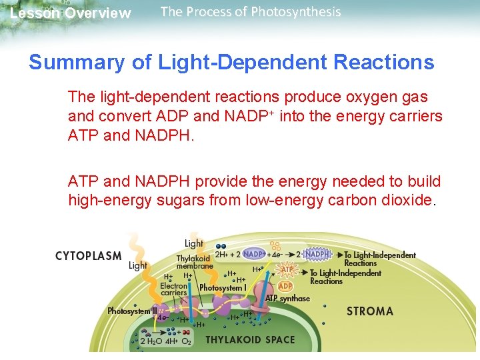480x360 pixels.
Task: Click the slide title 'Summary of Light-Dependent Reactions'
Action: click(231, 63)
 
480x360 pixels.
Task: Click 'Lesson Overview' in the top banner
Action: click(71, 13)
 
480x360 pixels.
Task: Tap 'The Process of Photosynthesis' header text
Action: click(251, 12)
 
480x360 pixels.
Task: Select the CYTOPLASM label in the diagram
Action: click(88, 255)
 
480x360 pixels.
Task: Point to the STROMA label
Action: click(370, 311)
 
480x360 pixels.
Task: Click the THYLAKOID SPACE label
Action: click(250, 340)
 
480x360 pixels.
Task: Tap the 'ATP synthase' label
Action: click(287, 298)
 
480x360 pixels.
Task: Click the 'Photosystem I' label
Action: click(222, 288)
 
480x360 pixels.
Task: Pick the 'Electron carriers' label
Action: click(174, 289)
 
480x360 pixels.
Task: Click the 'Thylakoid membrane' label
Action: click(195, 262)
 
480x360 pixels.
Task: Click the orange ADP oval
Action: click(285, 286)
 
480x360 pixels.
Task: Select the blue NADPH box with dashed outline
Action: click(317, 254)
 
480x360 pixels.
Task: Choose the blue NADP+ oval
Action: click(255, 254)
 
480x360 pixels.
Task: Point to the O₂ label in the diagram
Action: click(187, 341)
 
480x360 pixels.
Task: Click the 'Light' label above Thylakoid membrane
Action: click(194, 244)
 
